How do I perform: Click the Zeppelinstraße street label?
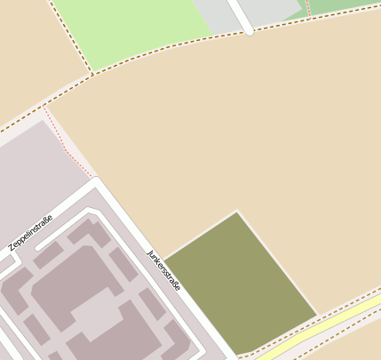tap(30, 232)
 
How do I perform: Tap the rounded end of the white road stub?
tap(249, 30)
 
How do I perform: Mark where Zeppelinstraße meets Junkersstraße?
tap(95, 185)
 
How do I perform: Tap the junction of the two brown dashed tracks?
tap(92, 74)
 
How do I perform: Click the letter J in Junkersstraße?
tap(149, 252)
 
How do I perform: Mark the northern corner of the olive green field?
tap(236, 212)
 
